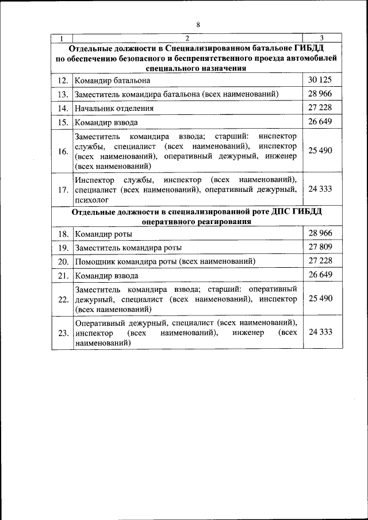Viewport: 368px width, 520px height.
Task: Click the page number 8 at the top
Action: point(198,25)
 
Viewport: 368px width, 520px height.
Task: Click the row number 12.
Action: point(63,80)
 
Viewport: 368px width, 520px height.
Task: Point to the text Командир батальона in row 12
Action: point(113,80)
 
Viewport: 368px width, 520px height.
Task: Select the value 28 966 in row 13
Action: point(320,93)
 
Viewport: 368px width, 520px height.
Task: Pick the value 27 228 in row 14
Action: point(320,107)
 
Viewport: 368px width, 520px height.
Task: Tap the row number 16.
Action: point(63,151)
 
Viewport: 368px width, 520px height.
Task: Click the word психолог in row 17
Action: point(92,199)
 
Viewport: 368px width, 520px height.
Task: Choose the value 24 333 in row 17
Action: point(320,188)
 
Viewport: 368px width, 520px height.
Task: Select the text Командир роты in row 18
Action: point(103,234)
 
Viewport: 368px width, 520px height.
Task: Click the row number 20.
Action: point(63,261)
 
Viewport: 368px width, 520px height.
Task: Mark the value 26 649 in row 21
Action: point(320,275)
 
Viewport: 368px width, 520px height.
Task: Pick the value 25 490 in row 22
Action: point(320,298)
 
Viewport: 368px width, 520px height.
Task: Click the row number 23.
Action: point(63,333)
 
